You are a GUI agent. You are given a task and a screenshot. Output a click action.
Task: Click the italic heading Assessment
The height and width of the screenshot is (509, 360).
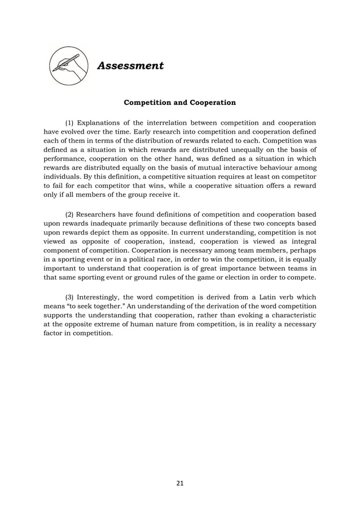click(130, 66)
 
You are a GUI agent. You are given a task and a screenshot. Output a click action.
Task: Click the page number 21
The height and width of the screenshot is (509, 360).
click(180, 483)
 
